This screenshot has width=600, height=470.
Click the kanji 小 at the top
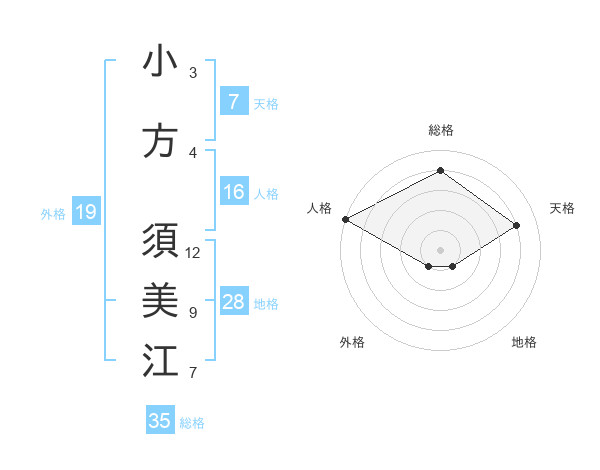(160, 62)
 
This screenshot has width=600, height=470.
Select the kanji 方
(160, 141)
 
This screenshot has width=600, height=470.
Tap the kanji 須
(160, 243)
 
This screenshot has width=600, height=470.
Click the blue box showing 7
(233, 102)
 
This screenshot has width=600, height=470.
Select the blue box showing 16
(233, 192)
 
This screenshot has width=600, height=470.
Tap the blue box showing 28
(233, 302)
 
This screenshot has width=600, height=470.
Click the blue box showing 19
(85, 212)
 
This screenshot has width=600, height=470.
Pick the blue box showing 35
(160, 421)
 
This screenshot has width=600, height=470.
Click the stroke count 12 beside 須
(193, 252)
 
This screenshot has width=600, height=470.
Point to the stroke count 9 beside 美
(193, 313)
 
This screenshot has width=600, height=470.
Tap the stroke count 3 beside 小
(193, 72)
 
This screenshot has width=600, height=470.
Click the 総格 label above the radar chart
(440, 130)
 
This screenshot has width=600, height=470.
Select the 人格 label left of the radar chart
(320, 208)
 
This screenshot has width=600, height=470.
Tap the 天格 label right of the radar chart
(562, 208)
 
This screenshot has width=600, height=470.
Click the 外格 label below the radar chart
(352, 342)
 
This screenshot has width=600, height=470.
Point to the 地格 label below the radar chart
(524, 342)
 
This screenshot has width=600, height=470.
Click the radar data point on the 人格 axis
(345, 219)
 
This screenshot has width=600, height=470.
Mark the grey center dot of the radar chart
(440, 248)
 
